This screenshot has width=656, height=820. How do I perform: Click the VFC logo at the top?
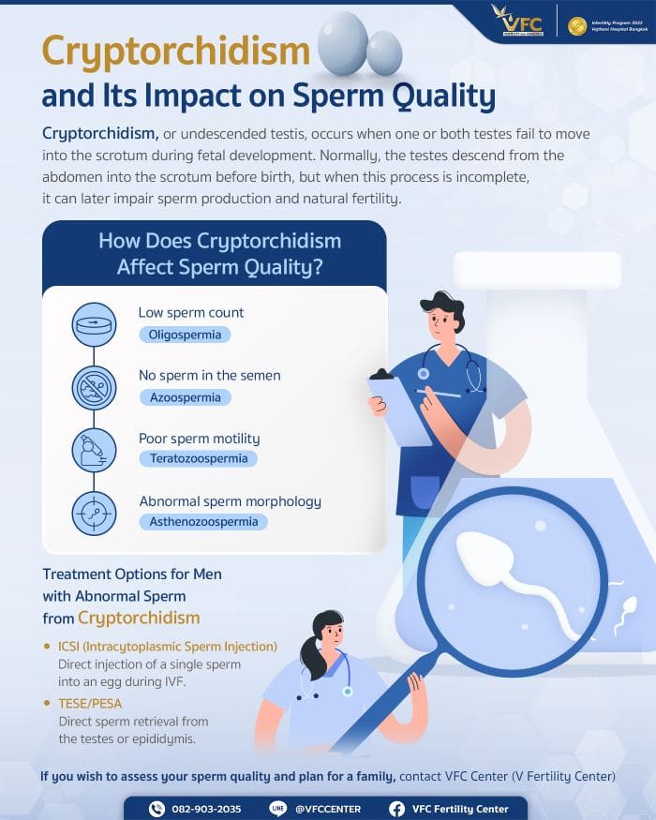pyautogui.click(x=517, y=20)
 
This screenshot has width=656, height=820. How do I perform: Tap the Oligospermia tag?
pyautogui.click(x=184, y=334)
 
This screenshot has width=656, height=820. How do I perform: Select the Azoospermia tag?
pyautogui.click(x=184, y=397)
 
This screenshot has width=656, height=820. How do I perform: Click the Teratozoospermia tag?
pyautogui.click(x=198, y=459)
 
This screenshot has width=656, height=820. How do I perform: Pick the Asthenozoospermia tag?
pyautogui.click(x=202, y=522)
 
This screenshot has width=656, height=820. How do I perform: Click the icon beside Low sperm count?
pyautogui.click(x=94, y=325)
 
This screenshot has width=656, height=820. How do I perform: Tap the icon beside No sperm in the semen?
pyautogui.click(x=94, y=388)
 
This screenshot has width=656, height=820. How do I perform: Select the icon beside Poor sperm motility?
pyautogui.click(x=94, y=451)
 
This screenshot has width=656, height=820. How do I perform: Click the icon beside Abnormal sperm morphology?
pyautogui.click(x=94, y=514)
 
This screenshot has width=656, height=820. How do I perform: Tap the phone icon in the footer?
pyautogui.click(x=157, y=809)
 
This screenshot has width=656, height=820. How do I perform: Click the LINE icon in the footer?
pyautogui.click(x=277, y=809)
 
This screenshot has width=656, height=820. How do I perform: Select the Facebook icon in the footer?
pyautogui.click(x=396, y=809)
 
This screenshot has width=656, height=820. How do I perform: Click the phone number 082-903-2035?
pyautogui.click(x=205, y=809)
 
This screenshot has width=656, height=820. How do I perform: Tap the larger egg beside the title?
pyautogui.click(x=343, y=43)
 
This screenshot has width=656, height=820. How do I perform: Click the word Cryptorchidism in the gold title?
pyautogui.click(x=175, y=52)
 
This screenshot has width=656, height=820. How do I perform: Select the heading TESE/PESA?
pyautogui.click(x=90, y=703)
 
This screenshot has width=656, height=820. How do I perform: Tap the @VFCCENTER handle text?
pyautogui.click(x=327, y=809)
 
